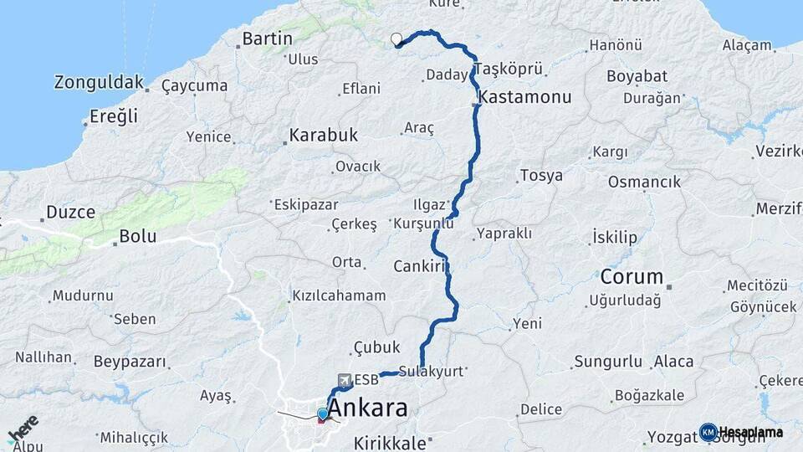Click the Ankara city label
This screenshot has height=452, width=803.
368,408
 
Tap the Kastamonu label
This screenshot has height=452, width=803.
525,97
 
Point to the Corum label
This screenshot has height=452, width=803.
632,276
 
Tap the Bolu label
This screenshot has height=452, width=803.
138,236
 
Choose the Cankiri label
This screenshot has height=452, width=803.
422,266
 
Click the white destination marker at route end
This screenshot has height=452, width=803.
396,39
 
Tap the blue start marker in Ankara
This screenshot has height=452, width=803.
322,413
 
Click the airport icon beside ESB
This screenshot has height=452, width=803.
344,380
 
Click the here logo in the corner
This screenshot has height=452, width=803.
23,429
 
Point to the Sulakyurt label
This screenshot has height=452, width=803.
431,372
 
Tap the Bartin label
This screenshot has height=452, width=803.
267,39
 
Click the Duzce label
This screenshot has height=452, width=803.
70,213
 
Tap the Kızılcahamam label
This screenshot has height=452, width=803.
338,295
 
